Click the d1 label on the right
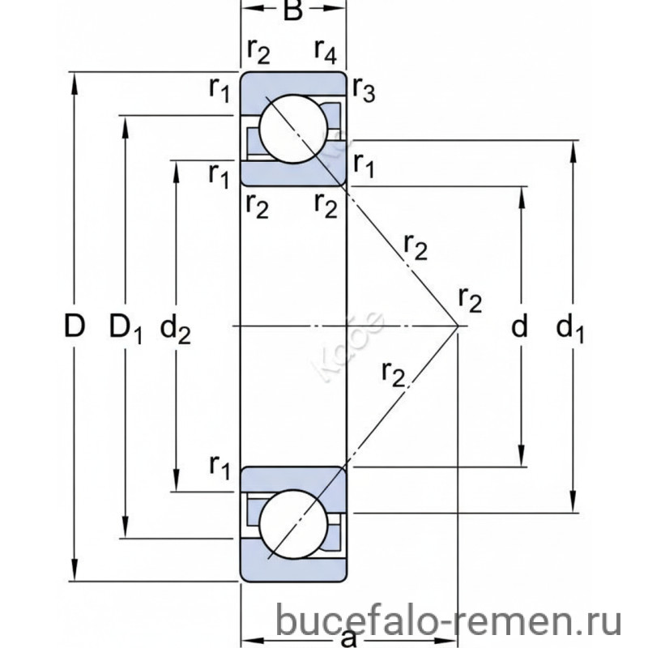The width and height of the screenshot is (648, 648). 571,327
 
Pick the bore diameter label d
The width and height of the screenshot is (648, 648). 520,327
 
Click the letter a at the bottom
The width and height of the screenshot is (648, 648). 349,637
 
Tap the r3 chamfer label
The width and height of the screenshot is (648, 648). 364,93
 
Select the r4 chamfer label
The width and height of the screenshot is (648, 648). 326,52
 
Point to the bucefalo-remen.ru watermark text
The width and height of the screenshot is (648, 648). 450,622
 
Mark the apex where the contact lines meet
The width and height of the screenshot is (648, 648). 458,326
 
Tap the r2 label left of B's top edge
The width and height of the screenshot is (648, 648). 258,52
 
